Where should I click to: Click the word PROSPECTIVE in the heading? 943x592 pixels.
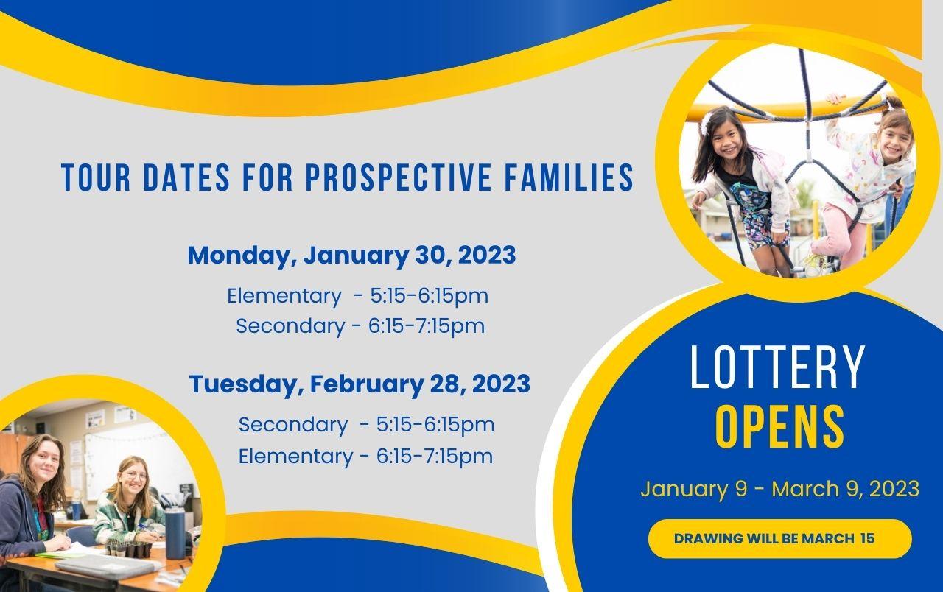399,177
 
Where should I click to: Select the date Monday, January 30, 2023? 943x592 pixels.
351,255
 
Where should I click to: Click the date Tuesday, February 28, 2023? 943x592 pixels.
360,384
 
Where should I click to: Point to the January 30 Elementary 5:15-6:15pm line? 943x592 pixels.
358,296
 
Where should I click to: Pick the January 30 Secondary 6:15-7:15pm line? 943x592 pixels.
360,326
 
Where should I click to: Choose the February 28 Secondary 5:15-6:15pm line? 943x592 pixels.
366,425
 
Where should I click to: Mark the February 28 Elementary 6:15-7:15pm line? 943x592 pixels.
365,457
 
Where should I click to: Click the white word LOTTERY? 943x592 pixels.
777,367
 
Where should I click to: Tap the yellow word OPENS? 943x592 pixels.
780,428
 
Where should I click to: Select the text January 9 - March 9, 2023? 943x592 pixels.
779,489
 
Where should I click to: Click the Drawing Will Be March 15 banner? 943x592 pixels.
780,538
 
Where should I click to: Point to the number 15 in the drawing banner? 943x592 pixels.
868,538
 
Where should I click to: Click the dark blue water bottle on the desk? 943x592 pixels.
175,534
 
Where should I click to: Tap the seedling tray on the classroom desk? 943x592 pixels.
129,549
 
